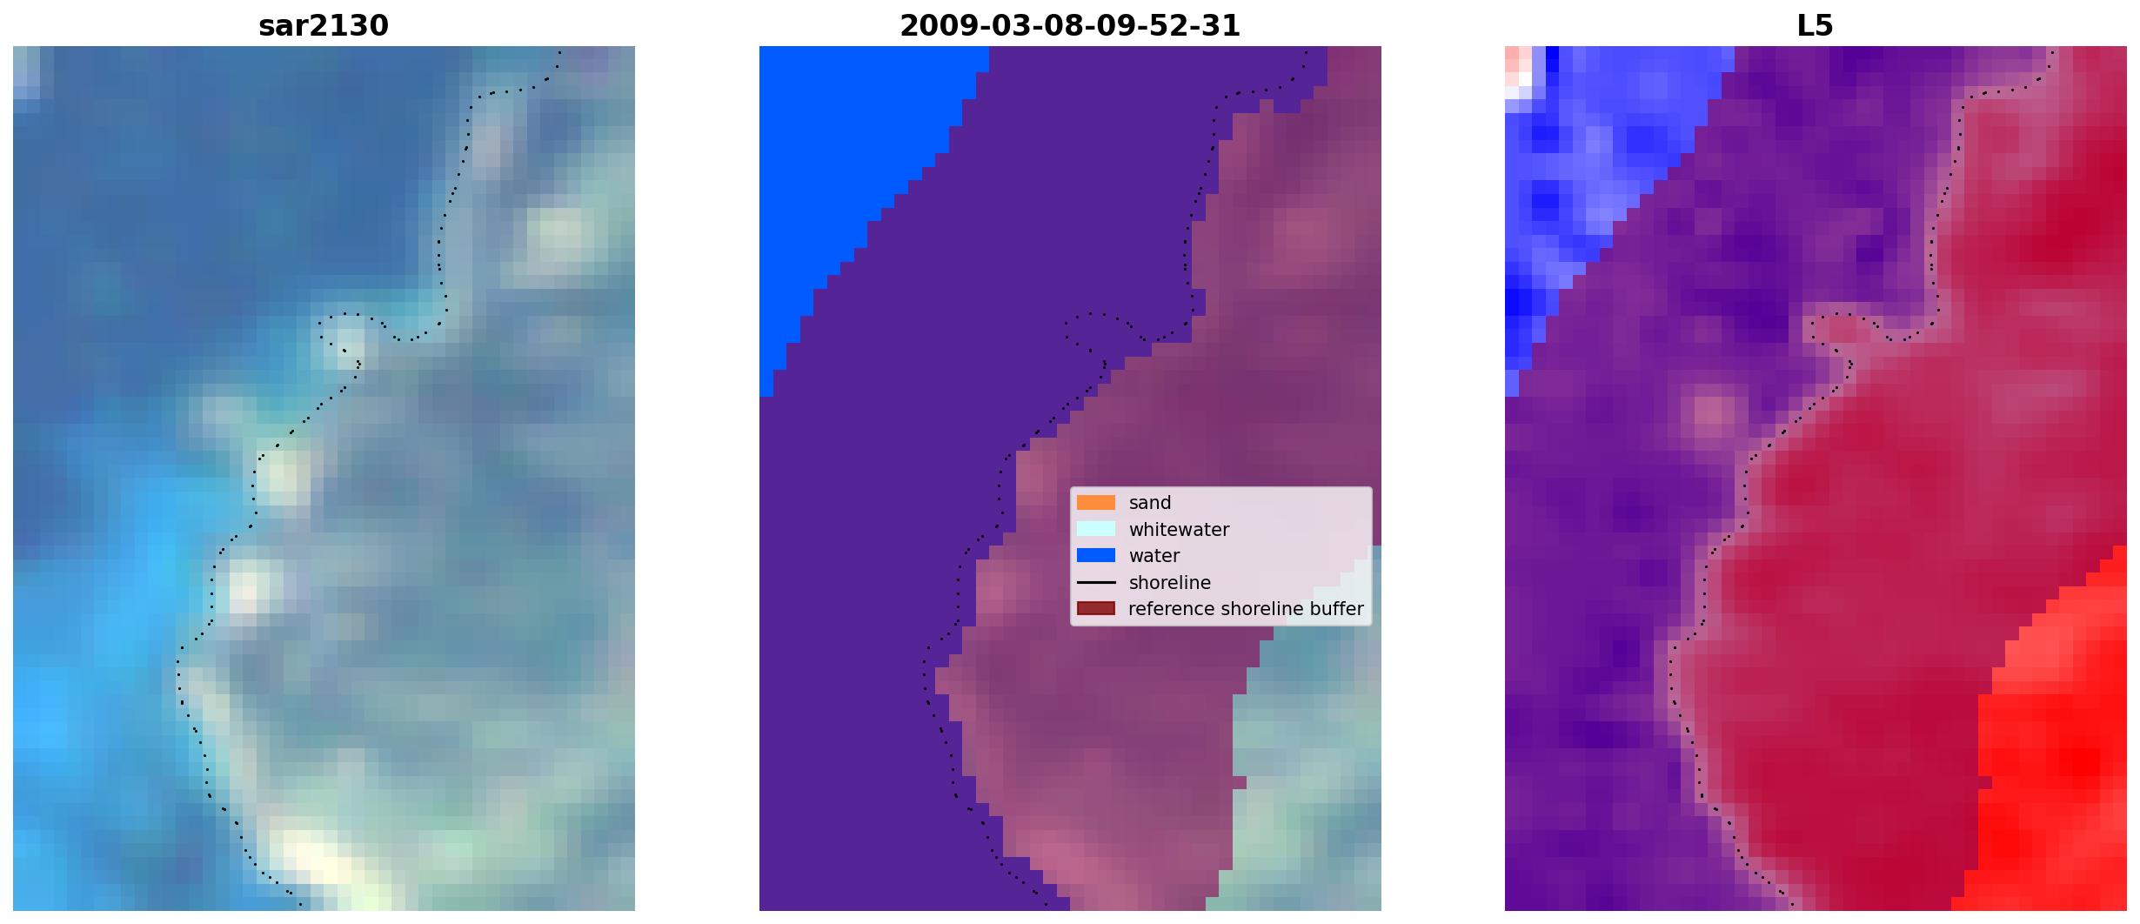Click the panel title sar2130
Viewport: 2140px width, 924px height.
click(324, 26)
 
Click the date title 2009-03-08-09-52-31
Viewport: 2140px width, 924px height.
click(1070, 26)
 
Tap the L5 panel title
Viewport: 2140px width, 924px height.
click(1815, 26)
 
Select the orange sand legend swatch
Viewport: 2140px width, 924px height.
click(1096, 503)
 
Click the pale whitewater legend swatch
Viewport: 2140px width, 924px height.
click(1096, 529)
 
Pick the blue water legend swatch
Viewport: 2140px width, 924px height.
click(1096, 555)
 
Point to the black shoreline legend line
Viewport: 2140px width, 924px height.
click(1096, 582)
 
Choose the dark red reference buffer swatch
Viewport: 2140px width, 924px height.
click(1096, 608)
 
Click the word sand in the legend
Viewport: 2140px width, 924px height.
click(1150, 503)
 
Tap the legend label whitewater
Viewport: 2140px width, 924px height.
click(1179, 529)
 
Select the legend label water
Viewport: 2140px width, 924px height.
click(1154, 556)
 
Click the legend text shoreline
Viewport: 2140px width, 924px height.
click(1170, 582)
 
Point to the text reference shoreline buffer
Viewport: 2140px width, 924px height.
click(1246, 609)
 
